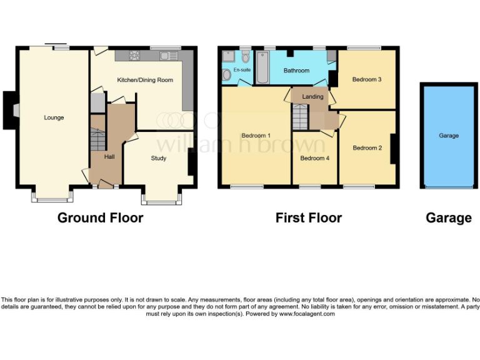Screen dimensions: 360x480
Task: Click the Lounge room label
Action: coord(54,117)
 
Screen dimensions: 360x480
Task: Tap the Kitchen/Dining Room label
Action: coord(145,80)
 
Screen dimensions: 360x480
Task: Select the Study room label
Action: coord(159,158)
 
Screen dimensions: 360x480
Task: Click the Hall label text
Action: coord(109,156)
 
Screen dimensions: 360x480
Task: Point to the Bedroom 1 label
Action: coord(256,136)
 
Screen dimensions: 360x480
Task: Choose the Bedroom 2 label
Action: coord(367,148)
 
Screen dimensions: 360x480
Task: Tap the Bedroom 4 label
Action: coord(315,158)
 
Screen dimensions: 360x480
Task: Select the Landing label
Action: coord(312,97)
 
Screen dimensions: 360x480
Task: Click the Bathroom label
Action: coord(296,71)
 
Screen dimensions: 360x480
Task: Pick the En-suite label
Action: coord(241,71)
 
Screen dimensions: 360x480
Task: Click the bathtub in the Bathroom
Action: coord(262,69)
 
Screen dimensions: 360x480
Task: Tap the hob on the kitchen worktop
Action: coord(134,56)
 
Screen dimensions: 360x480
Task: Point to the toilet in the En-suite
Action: coord(226,74)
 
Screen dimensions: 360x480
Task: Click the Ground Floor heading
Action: coord(100,217)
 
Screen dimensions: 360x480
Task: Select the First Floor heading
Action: coord(309,217)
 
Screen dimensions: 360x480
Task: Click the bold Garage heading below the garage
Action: coord(448,217)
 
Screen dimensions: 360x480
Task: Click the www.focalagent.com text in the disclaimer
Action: coord(307,314)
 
